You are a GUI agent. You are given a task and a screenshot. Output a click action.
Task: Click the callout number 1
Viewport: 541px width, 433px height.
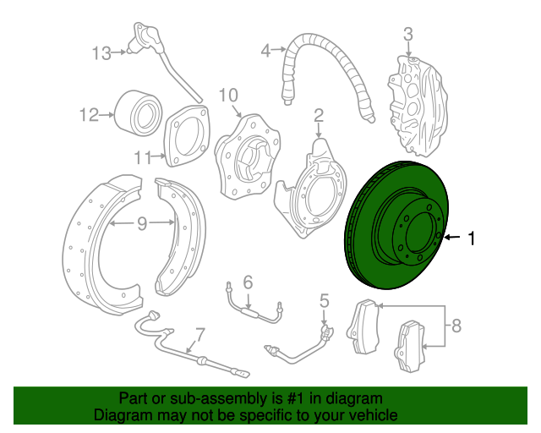(x=472, y=239)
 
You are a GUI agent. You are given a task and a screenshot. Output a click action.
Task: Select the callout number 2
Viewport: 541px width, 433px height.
(x=319, y=114)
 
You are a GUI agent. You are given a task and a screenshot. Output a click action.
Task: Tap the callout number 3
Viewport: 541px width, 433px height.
(x=407, y=35)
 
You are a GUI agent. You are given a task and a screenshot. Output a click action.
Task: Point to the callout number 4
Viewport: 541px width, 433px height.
(x=265, y=51)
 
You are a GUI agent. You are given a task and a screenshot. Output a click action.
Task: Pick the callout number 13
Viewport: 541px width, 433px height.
(x=101, y=53)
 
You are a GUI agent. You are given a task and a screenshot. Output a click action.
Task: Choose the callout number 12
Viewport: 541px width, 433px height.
(x=89, y=114)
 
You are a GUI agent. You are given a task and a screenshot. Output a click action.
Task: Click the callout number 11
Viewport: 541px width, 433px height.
(x=142, y=156)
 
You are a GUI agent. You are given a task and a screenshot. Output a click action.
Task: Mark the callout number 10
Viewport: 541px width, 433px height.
(x=229, y=94)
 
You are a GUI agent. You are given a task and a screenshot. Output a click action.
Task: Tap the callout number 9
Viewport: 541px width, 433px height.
(x=142, y=223)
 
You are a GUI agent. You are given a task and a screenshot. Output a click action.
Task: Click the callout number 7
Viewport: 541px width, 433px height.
(x=200, y=333)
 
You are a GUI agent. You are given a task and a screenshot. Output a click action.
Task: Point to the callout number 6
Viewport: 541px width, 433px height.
(x=248, y=282)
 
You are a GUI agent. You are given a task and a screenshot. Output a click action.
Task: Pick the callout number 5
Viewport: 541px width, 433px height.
(x=324, y=299)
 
